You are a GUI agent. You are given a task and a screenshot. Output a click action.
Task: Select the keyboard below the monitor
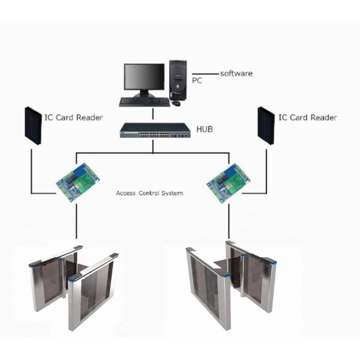click(x=144, y=101)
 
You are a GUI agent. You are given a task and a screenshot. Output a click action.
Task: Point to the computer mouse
click(x=176, y=103)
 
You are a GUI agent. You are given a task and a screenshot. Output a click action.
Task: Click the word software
click(x=236, y=74)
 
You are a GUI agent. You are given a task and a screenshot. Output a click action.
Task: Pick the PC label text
click(x=197, y=79)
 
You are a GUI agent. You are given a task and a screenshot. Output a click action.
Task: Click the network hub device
click(x=153, y=130)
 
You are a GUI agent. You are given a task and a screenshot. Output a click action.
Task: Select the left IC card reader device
click(x=32, y=125)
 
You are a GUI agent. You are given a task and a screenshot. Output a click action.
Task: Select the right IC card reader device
click(x=266, y=125)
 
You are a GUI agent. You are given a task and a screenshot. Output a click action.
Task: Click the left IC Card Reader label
click(x=73, y=117)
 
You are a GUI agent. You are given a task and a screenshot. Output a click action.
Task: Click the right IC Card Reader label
click(x=307, y=117)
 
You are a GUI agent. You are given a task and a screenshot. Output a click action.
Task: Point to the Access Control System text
click(x=149, y=193)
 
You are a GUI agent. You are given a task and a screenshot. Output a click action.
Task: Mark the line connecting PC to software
click(x=205, y=74)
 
